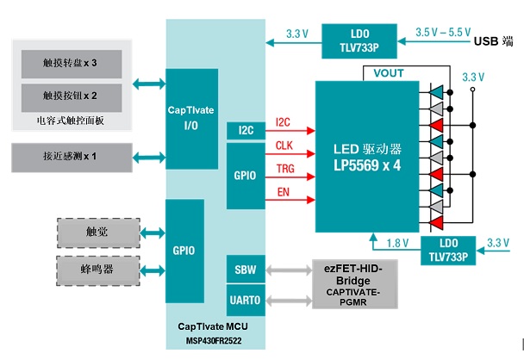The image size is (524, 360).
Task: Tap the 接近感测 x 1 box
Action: [70, 157]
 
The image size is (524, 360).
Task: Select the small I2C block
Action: [245, 130]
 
